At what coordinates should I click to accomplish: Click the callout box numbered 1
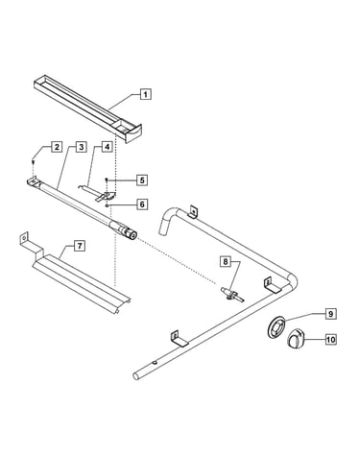[146, 94]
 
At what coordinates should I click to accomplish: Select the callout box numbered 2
[57, 147]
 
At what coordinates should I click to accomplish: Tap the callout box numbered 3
[82, 147]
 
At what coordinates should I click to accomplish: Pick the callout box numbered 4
[108, 147]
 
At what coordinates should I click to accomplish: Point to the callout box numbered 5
[142, 180]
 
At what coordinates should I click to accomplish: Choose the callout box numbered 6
[142, 204]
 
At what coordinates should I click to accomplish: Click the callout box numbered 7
[80, 246]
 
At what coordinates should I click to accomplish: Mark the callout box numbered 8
[226, 262]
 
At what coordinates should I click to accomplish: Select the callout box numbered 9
[331, 314]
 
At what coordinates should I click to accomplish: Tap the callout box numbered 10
[331, 339]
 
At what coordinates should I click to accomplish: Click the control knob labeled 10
[295, 340]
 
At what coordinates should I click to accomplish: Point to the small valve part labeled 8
[232, 295]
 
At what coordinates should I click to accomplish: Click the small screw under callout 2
[33, 162]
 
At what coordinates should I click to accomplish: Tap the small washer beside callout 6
[108, 205]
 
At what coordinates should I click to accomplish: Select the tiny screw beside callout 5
[107, 180]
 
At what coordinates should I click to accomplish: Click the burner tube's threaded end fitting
[130, 233]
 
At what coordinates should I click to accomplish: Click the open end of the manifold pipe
[136, 376]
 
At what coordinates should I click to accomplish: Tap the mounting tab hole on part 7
[23, 238]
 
